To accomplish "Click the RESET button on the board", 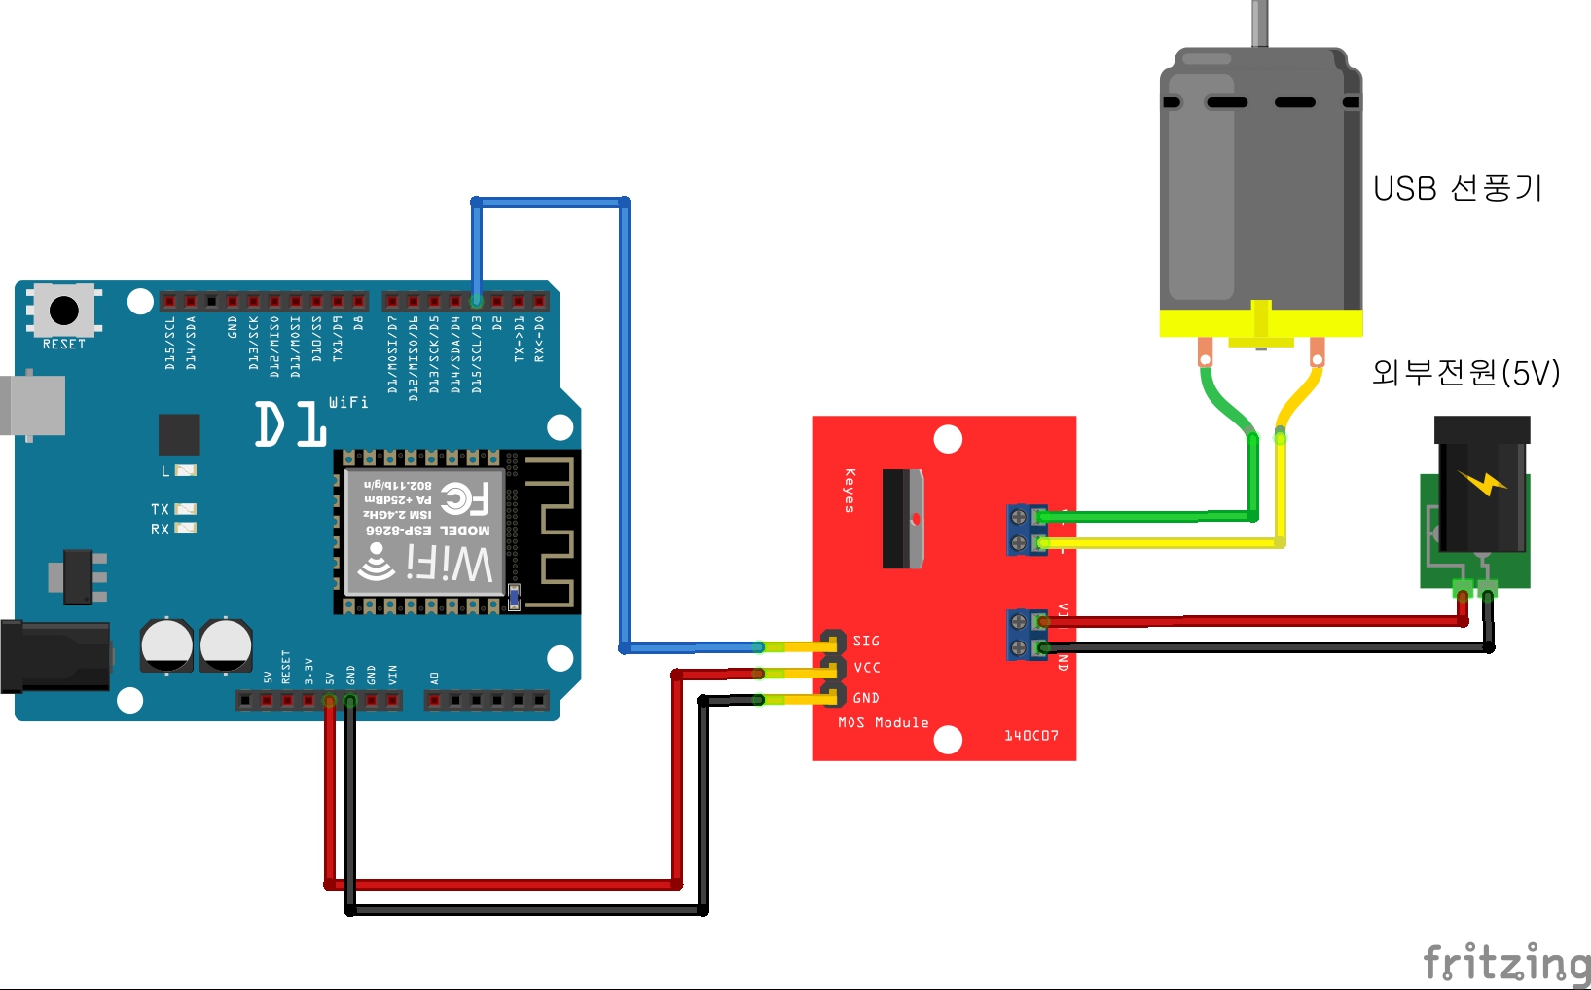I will click(x=64, y=312).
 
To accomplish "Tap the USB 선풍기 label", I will click(x=1457, y=188).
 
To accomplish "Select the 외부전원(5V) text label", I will click(x=1465, y=372).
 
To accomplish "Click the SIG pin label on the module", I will click(x=866, y=641).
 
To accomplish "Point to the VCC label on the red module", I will click(x=867, y=668).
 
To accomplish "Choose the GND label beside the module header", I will click(x=866, y=698).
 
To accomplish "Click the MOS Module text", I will click(x=884, y=722).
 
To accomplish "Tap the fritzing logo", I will click(x=1506, y=962).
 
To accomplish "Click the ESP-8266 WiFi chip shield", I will click(x=425, y=532).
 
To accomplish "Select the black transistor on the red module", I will click(x=902, y=518).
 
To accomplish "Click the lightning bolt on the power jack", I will click(x=1482, y=482).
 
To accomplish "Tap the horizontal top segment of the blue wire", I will click(x=550, y=202).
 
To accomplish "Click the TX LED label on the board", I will click(x=160, y=509).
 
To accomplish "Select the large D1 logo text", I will click(x=290, y=424).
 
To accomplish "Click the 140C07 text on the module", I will click(x=1031, y=735).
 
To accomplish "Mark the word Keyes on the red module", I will click(x=850, y=490).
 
